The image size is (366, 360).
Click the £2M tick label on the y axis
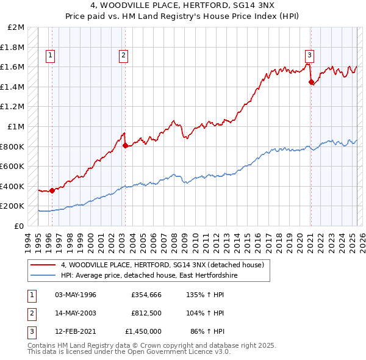click(16, 27)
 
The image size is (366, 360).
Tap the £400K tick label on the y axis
click(13, 186)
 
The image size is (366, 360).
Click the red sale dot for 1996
click(52, 190)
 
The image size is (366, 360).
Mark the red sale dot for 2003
click(125, 145)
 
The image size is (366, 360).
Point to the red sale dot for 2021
click(311, 82)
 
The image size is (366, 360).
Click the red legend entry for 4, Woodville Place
click(162, 265)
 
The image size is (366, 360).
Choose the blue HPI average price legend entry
click(149, 276)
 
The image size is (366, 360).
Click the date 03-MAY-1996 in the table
click(76, 295)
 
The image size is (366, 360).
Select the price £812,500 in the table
click(146, 313)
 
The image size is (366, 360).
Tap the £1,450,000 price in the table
click(143, 331)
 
